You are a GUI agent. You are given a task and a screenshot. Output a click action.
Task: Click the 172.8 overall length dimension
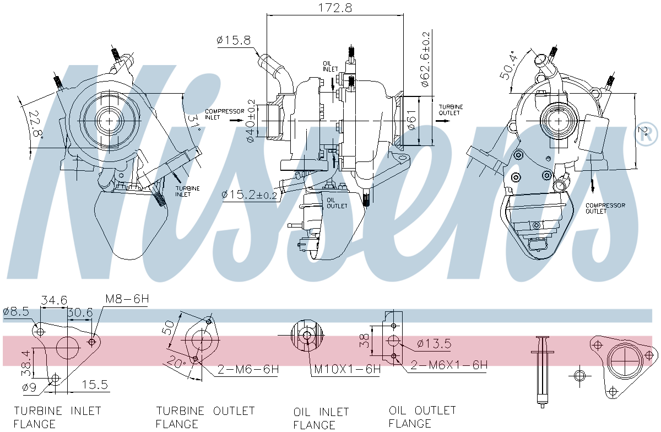pos(335,8)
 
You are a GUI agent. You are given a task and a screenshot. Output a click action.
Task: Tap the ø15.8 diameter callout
pos(234,40)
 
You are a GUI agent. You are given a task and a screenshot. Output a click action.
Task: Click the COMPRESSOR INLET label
pos(225,114)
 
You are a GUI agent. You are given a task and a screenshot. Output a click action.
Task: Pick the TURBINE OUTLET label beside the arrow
pos(451,110)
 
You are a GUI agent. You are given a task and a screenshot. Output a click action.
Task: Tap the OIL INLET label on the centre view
pos(330,67)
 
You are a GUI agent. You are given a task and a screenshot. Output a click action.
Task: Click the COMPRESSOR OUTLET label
pos(605,208)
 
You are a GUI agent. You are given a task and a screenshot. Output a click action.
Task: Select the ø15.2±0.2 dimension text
pos(250,195)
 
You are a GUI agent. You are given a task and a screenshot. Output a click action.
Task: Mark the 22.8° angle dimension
pos(36,125)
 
